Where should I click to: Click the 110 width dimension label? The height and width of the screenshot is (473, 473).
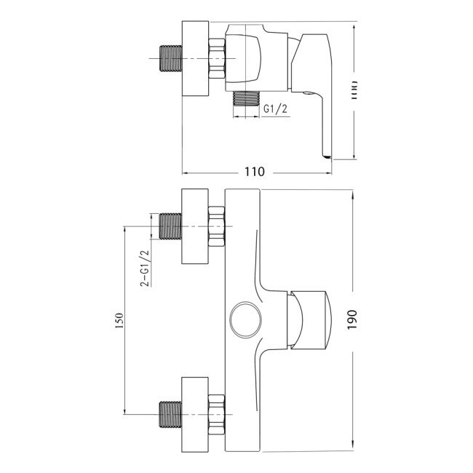253,172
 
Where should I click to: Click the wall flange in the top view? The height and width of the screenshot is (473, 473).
195,58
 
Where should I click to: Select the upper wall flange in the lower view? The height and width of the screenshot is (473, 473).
195,226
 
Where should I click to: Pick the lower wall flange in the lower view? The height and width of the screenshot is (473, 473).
195,412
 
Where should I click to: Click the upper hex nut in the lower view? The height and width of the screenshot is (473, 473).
217,226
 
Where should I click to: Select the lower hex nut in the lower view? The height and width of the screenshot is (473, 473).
217,412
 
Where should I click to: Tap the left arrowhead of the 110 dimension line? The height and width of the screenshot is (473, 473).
185,172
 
